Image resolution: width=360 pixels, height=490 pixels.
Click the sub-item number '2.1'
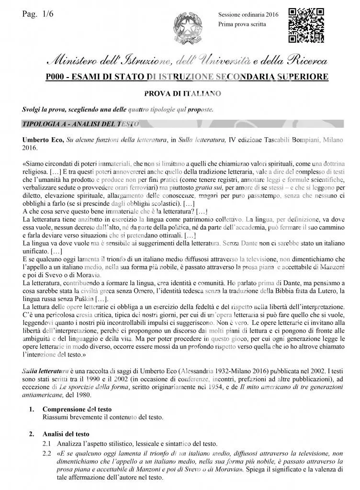click(47, 443)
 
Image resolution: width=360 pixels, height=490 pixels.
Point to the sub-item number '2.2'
click(47, 453)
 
